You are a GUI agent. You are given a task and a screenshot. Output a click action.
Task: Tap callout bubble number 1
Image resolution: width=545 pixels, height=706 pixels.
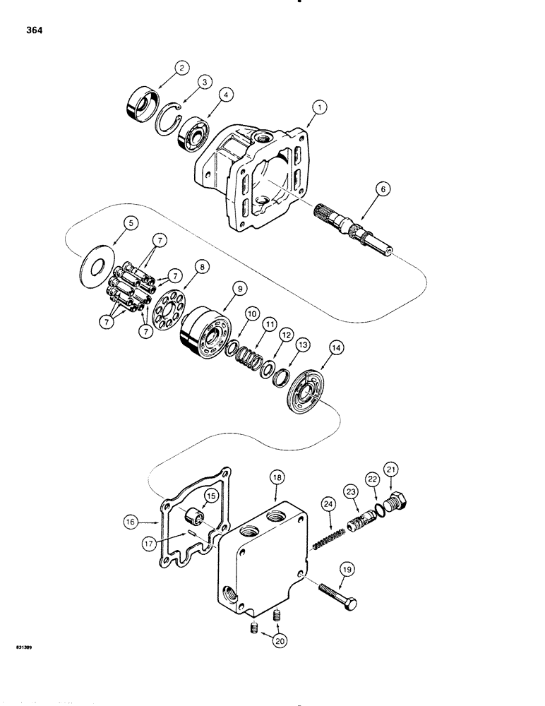click(x=320, y=107)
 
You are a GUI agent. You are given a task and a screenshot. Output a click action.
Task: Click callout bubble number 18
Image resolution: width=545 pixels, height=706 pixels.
click(x=276, y=478)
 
